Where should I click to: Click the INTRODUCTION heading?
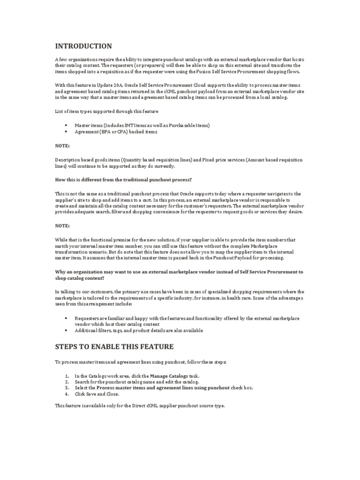(83, 46)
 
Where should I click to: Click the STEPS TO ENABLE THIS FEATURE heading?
(114, 346)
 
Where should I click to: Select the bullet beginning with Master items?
(142, 126)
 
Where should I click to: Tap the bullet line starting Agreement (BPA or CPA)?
(116, 132)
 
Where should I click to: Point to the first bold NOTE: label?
(62, 146)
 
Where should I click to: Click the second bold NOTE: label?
(62, 225)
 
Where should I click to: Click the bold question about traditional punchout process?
(123, 180)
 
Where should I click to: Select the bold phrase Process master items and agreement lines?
(163, 388)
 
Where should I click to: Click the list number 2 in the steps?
(67, 382)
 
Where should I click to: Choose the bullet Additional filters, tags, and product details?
(139, 330)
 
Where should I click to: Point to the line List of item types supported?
(106, 112)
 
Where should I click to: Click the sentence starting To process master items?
(140, 362)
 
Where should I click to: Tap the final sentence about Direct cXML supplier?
(140, 405)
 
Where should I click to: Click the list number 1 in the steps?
(67, 376)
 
